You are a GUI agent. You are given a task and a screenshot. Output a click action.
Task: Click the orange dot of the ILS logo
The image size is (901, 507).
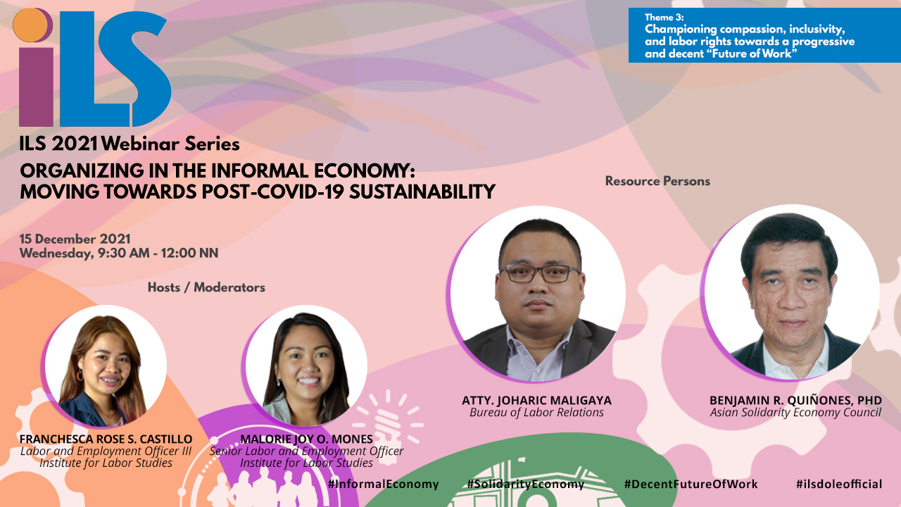click(x=30, y=25)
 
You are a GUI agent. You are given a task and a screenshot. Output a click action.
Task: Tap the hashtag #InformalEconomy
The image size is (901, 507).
click(x=384, y=484)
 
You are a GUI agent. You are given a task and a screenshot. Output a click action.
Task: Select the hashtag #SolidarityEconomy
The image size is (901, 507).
click(x=526, y=484)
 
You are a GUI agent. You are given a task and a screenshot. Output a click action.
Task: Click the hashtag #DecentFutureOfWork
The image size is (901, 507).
click(x=691, y=484)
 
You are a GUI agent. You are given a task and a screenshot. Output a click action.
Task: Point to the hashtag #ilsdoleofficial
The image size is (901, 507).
click(x=838, y=484)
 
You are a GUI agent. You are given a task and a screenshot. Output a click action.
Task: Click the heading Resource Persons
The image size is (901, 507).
click(x=657, y=181)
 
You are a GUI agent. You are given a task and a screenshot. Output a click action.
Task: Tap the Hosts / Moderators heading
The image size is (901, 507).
click(x=206, y=287)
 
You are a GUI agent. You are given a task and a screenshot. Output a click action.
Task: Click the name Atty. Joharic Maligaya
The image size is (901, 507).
click(x=536, y=401)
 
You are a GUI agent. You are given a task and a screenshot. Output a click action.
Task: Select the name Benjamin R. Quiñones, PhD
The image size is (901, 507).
click(x=795, y=401)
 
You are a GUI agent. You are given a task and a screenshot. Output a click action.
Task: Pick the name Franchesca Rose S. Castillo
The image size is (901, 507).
click(x=106, y=439)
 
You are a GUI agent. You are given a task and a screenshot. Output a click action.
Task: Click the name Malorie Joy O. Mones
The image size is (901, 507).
click(x=306, y=439)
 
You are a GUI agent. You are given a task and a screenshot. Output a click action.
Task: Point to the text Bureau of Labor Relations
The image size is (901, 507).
click(x=536, y=413)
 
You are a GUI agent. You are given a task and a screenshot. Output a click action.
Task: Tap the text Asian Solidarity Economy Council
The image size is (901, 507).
click(x=795, y=413)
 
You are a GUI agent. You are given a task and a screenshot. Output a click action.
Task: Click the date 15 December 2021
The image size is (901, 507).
click(x=75, y=239)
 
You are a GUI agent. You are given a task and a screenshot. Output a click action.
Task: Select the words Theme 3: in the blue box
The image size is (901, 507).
click(x=664, y=18)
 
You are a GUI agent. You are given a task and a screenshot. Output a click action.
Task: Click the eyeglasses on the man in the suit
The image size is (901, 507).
click(x=539, y=274)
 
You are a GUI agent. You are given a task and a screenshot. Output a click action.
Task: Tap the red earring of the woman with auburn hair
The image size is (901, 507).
click(x=80, y=375)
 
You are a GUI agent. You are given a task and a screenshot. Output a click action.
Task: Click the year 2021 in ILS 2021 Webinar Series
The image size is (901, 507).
click(x=75, y=144)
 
